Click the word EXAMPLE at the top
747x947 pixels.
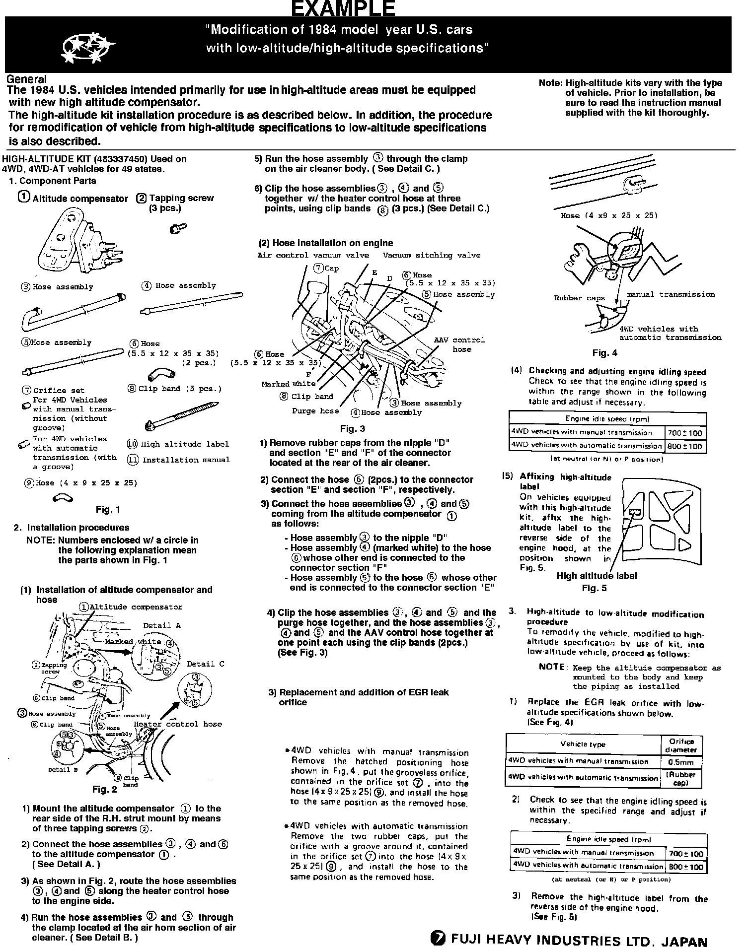tap(342, 8)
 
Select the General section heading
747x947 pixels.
tap(27, 79)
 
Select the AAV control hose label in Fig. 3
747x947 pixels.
tap(459, 344)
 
